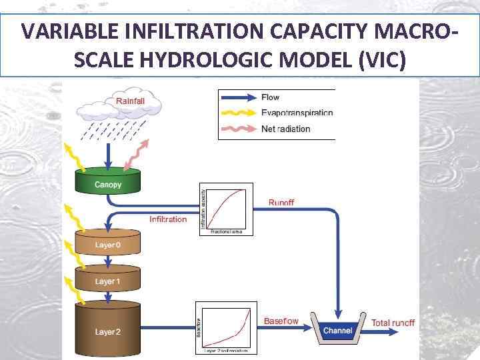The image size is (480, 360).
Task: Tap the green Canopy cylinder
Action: (108, 181)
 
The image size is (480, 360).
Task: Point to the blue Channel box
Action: (338, 329)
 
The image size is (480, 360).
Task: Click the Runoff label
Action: (281, 202)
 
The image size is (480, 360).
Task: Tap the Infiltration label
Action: (168, 219)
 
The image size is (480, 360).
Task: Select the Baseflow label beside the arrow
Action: (281, 321)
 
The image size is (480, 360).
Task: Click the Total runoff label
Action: (393, 323)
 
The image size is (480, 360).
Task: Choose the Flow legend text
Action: (270, 97)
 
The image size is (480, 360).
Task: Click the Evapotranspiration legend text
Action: (297, 113)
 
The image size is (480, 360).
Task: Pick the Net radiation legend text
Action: (285, 129)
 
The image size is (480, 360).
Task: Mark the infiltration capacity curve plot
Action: (227, 208)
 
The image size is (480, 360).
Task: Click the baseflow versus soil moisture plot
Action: (224, 327)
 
